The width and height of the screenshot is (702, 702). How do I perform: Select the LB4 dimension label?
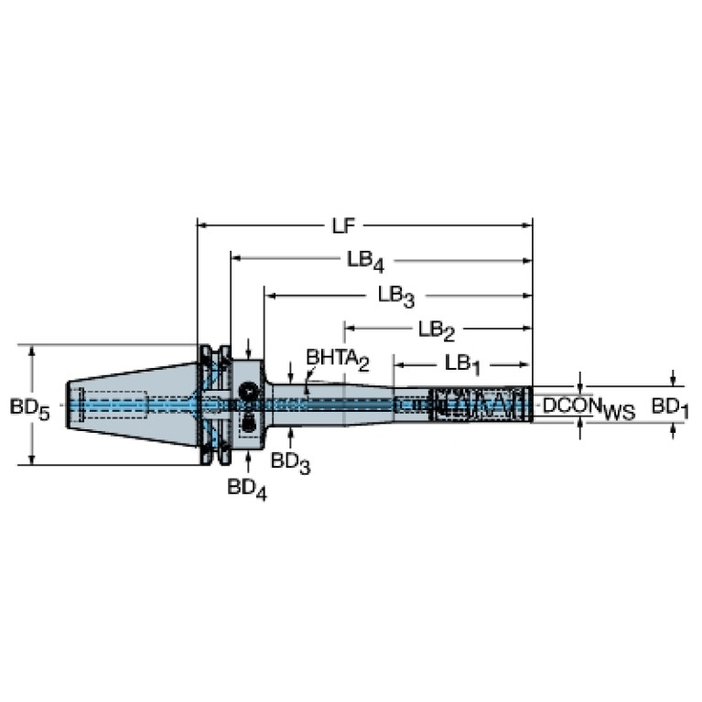[x=363, y=260]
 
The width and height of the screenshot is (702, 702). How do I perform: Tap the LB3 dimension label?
[x=396, y=295]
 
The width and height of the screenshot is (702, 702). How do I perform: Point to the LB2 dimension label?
[x=437, y=329]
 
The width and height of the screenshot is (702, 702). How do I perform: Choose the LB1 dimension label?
[x=463, y=363]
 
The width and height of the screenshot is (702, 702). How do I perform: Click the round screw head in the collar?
[x=248, y=393]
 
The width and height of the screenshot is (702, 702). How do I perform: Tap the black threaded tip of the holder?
[x=481, y=404]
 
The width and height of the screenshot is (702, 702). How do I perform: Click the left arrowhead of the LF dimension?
[x=204, y=223]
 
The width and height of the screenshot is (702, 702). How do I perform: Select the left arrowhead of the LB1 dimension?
[x=400, y=363]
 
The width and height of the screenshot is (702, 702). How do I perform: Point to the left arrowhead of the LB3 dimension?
[x=270, y=295]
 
